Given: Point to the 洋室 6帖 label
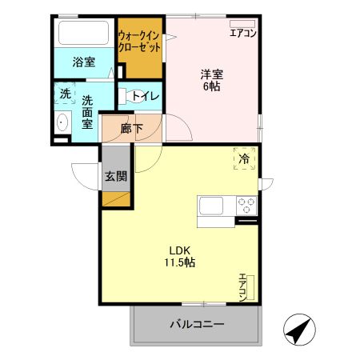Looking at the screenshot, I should point(211,80).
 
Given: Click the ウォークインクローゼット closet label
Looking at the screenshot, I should point(139,41).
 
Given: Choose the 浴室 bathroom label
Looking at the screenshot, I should point(83,62).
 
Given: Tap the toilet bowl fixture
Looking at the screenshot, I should point(126,97).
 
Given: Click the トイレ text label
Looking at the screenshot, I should point(146,97).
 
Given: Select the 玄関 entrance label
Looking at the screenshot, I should point(115,176).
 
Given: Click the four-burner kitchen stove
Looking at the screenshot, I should point(246,204).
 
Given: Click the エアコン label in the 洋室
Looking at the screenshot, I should point(242,34).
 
